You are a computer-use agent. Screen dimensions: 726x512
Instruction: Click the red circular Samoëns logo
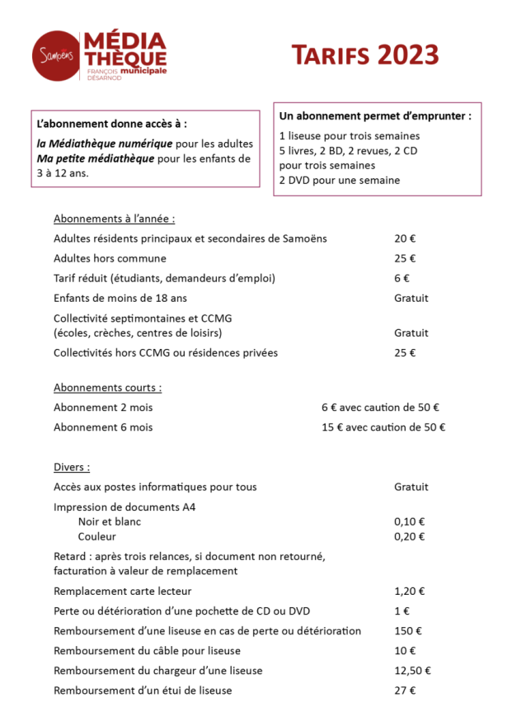click(x=56, y=55)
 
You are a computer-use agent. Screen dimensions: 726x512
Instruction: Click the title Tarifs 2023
click(x=364, y=55)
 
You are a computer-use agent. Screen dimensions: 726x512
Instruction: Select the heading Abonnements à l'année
click(x=114, y=219)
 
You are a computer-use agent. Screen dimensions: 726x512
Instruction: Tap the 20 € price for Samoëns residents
click(x=405, y=238)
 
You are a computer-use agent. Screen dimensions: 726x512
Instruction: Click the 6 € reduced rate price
click(x=402, y=278)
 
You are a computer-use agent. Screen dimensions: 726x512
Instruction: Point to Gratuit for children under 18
click(x=411, y=298)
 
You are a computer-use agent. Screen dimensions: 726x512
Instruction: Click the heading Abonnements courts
click(x=107, y=387)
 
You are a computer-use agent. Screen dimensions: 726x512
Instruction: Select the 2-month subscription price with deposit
click(x=379, y=408)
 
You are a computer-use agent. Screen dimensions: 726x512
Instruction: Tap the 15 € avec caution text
click(x=383, y=427)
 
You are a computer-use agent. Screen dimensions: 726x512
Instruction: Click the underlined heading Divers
click(x=72, y=467)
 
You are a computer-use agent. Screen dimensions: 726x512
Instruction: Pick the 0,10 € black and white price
click(x=409, y=521)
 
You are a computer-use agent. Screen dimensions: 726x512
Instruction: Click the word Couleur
click(x=96, y=536)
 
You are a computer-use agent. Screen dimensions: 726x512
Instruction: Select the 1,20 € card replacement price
click(x=409, y=591)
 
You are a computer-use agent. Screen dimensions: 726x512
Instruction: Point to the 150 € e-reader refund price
click(x=407, y=630)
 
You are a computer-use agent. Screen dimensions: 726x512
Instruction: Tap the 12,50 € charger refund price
click(x=412, y=671)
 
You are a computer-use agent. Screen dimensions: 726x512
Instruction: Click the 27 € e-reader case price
click(x=405, y=691)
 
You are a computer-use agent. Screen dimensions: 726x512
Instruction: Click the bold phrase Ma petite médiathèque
click(x=95, y=158)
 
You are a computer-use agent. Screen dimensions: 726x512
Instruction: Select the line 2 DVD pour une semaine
click(x=339, y=180)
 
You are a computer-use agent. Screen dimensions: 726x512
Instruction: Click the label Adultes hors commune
click(x=110, y=258)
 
